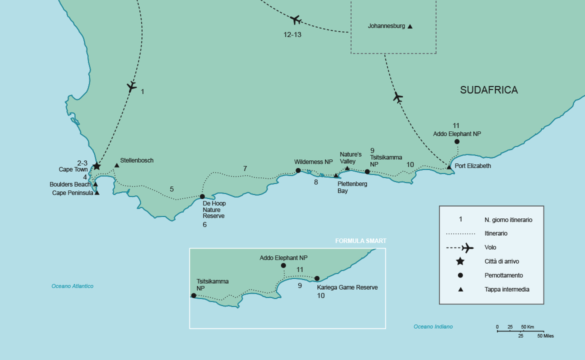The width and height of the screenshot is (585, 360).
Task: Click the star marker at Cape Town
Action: pos(96,166)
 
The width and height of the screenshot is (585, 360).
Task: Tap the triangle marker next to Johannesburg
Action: pos(410,26)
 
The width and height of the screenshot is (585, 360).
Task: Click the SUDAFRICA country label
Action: pos(488,90)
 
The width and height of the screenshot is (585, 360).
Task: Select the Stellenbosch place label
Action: pos(136,160)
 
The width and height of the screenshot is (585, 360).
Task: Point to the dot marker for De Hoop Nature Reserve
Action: pos(202,196)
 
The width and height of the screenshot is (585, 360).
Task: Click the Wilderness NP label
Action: pos(313,162)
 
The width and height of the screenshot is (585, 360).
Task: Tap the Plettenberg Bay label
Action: pos(352,187)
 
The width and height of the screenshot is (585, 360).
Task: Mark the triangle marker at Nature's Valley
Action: pos(347,168)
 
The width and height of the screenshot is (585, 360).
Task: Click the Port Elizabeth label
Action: pos(472,166)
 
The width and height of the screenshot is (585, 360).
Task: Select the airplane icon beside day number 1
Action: pos(131,86)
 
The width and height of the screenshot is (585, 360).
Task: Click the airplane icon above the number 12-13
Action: pos(295,20)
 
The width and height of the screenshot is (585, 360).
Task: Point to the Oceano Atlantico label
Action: pos(72,286)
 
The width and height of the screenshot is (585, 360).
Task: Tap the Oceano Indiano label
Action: pos(433,326)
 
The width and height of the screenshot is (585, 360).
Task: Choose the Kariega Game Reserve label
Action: pos(347,287)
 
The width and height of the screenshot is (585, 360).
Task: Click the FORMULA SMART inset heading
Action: pos(360,241)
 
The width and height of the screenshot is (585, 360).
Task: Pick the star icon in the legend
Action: pos(460,261)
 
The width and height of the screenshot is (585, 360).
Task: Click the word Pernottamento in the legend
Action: pos(503,275)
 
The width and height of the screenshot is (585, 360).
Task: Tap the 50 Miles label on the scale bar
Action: pos(545,336)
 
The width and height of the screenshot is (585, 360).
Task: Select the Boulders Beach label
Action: pos(70,184)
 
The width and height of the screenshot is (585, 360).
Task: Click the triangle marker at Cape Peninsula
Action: pos(96,193)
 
